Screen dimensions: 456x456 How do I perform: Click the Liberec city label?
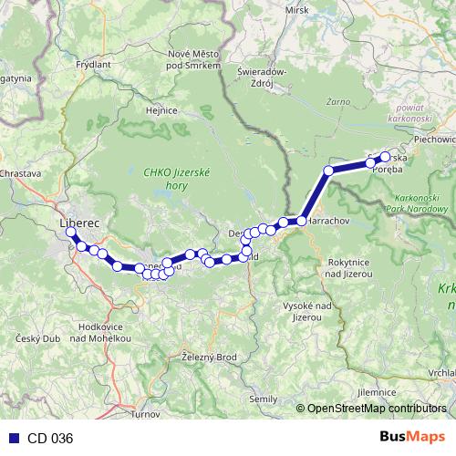click(x=78, y=222)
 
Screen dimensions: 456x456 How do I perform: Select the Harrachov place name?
click(x=328, y=222)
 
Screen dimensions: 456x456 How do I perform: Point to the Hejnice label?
click(x=161, y=109)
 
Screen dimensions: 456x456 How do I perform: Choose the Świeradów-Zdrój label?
click(x=263, y=76)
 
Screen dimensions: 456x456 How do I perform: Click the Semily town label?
click(x=264, y=399)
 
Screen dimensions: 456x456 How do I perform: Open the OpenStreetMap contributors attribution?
click(x=378, y=408)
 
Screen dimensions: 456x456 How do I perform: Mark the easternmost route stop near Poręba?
click(x=385, y=157)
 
